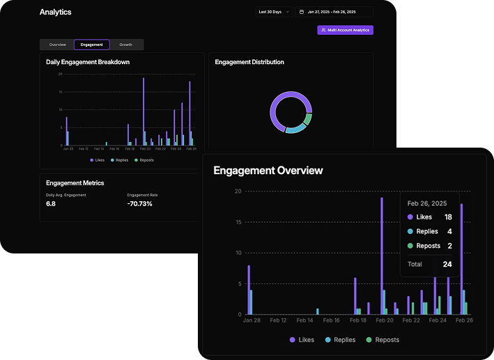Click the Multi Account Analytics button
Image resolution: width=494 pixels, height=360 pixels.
(345, 30)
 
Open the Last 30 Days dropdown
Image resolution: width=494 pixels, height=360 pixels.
(274, 12)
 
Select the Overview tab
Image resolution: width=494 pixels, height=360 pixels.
(57, 45)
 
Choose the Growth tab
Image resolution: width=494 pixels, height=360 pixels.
(125, 45)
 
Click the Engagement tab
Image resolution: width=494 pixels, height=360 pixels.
(91, 45)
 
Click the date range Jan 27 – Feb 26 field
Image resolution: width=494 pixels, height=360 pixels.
(334, 12)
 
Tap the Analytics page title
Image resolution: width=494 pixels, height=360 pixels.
(55, 12)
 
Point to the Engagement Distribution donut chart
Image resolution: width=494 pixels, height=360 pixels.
(290, 111)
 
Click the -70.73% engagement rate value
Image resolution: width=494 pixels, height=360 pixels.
(139, 204)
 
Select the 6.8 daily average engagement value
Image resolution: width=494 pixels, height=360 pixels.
(51, 204)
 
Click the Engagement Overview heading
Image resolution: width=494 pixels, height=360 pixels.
(268, 171)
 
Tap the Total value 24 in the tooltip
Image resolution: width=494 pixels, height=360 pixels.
(447, 264)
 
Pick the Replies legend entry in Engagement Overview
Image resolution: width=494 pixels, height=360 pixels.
(341, 340)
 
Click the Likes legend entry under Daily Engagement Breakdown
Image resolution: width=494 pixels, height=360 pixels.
(98, 160)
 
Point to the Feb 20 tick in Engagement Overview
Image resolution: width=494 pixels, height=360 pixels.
(384, 320)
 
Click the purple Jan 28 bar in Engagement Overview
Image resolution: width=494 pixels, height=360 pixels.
(249, 290)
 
